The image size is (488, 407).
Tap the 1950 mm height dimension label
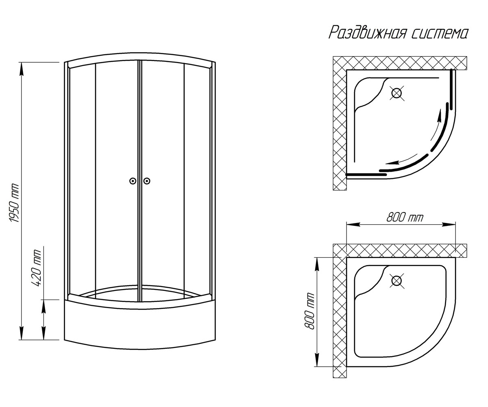14,203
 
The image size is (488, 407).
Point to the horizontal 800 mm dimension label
405,218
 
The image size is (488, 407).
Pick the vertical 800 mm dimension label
310,311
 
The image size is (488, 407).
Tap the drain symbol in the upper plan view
396,93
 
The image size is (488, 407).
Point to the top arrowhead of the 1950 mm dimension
22,69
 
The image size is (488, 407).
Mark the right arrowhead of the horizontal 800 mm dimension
449,224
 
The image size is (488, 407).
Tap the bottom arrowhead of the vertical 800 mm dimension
317,360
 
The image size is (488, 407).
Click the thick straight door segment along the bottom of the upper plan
366,175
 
